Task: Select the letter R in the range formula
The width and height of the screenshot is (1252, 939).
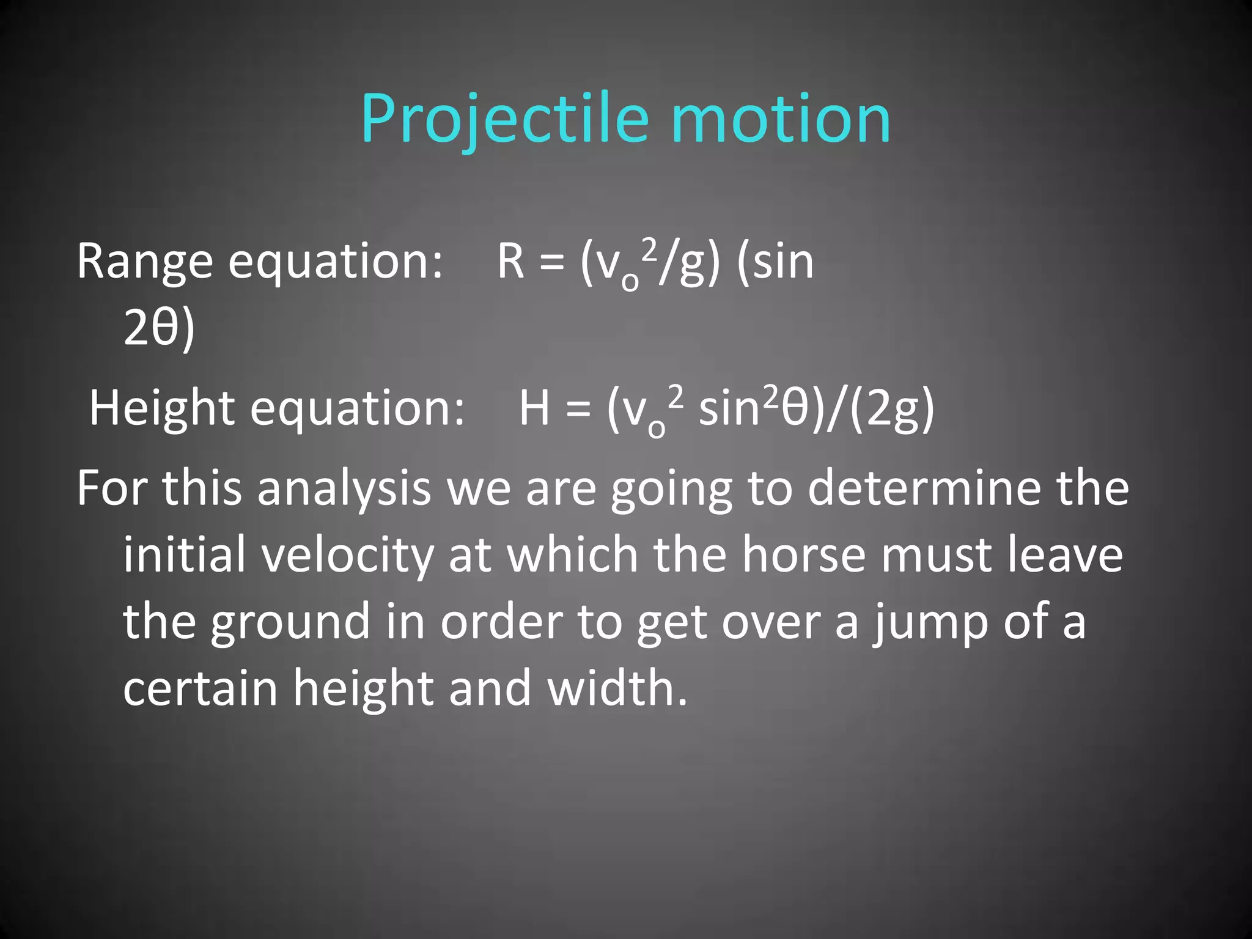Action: pyautogui.click(x=511, y=262)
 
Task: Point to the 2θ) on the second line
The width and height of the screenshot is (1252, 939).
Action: pyautogui.click(x=159, y=328)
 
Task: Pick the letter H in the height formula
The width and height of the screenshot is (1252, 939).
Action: pyautogui.click(x=534, y=408)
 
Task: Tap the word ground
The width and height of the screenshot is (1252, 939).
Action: pyautogui.click(x=290, y=622)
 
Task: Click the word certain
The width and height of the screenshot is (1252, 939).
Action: pyautogui.click(x=200, y=688)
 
